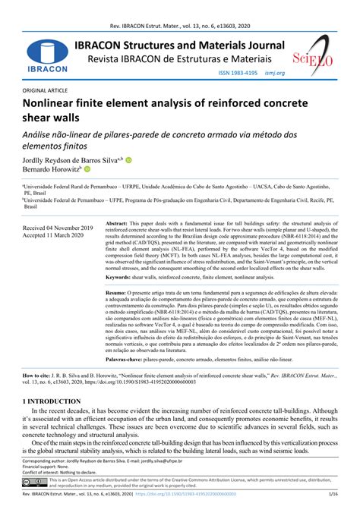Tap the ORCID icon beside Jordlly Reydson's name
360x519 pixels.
pyautogui.click(x=128, y=160)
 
